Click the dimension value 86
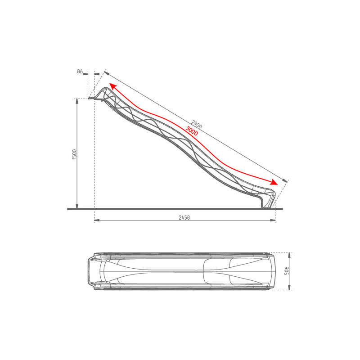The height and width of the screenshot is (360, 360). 80,72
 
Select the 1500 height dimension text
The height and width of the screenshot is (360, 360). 75,153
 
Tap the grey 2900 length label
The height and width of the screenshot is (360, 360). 196,125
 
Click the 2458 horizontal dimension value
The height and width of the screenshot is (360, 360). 184,217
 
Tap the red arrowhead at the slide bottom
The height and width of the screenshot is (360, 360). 274,182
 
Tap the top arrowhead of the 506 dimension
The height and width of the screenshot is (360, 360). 289,255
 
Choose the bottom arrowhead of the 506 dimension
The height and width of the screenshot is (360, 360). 289,288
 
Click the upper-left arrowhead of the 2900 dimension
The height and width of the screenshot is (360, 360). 106,72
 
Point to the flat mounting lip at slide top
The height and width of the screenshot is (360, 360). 93,98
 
